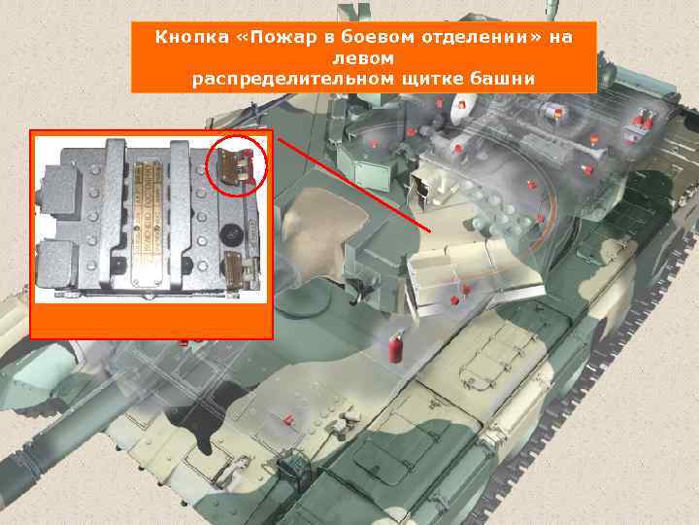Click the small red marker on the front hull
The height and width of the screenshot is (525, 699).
point(288,420)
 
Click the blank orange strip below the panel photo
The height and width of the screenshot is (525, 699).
point(150,319)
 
